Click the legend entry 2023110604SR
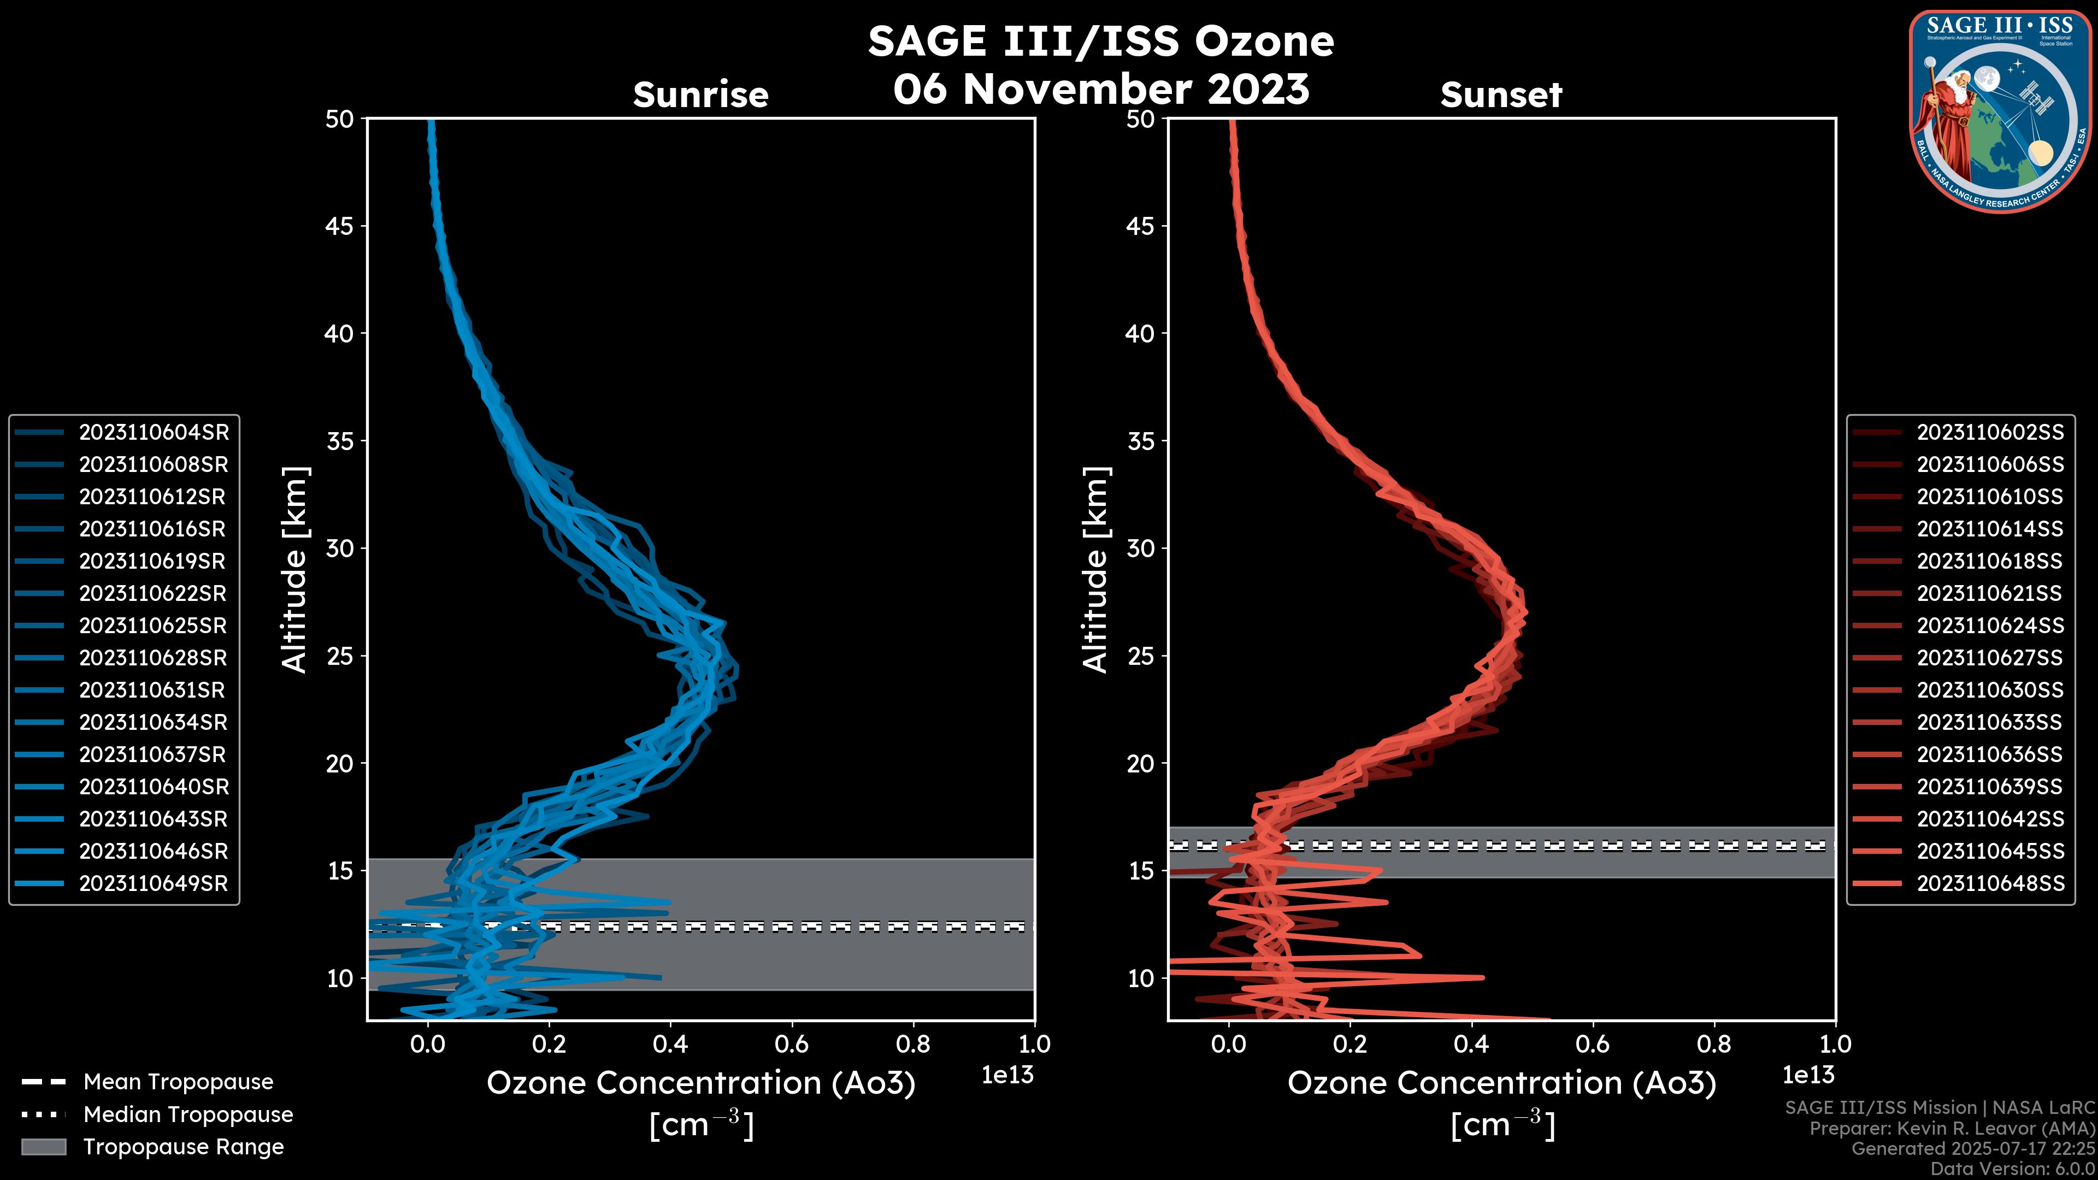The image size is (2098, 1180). click(153, 433)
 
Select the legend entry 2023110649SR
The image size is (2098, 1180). click(153, 883)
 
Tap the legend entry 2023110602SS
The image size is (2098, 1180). click(1990, 433)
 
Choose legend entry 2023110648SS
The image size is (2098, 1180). click(1990, 883)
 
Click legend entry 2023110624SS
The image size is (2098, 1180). click(1990, 626)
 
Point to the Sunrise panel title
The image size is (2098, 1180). click(700, 95)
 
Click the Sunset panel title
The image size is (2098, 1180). click(1501, 95)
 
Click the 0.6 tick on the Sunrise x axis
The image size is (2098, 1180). click(792, 1044)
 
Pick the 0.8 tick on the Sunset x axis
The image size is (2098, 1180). click(1713, 1044)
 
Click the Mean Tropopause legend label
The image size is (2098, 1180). click(178, 1082)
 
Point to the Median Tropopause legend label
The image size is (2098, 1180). click(188, 1115)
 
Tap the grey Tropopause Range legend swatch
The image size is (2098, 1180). click(43, 1147)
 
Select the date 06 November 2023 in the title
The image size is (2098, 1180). click(1101, 90)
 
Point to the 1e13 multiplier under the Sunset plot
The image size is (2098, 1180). click(1808, 1076)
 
